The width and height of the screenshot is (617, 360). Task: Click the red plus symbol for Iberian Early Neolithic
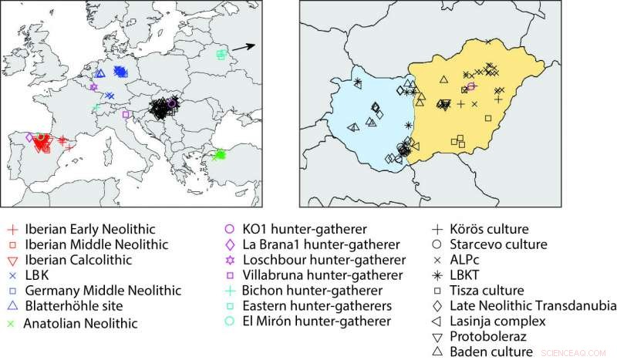pyautogui.click(x=12, y=230)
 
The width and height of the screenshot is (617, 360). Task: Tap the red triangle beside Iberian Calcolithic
pyautogui.click(x=12, y=261)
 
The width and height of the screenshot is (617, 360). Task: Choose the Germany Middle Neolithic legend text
pyautogui.click(x=103, y=291)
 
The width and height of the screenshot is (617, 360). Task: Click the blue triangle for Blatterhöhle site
pyautogui.click(x=12, y=308)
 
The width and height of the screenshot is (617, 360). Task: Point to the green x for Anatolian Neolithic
pyautogui.click(x=12, y=323)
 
